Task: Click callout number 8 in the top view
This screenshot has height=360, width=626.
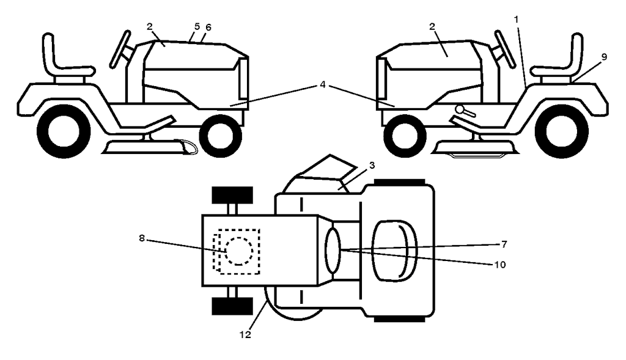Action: click(142, 238)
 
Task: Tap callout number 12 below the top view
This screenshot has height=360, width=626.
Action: click(246, 335)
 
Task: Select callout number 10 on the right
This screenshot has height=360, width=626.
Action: click(500, 265)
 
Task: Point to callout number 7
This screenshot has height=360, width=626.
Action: click(504, 244)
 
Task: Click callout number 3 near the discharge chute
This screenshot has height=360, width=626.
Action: click(372, 165)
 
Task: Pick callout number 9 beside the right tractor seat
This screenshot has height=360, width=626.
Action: click(604, 57)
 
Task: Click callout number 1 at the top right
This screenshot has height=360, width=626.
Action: click(516, 19)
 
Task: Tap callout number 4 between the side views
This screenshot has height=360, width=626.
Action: click(323, 84)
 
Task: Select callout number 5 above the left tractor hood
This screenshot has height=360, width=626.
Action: click(197, 26)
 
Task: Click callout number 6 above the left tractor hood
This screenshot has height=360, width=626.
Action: click(208, 27)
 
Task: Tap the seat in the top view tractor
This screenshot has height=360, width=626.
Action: click(394, 250)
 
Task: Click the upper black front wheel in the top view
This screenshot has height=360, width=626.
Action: click(232, 195)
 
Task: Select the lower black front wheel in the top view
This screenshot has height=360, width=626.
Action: click(232, 306)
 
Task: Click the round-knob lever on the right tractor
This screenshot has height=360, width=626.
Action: click(465, 111)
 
